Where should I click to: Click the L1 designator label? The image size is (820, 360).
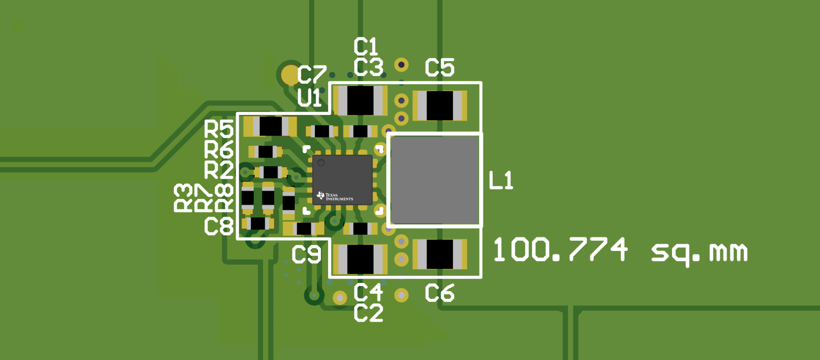pos(501,180)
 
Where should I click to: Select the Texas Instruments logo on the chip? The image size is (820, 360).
pos(335,196)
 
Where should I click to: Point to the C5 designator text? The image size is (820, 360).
pos(440,67)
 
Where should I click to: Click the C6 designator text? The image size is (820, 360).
pos(440,293)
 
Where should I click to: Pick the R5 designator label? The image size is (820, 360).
pos(219,129)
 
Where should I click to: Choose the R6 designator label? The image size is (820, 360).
pos(219,149)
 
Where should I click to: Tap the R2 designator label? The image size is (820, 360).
pos(219,170)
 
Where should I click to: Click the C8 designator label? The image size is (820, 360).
pos(219,226)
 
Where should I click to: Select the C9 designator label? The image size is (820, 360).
pos(306,255)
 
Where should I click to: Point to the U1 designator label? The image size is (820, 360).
pos(309,98)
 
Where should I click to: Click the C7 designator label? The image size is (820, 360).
pos(312,75)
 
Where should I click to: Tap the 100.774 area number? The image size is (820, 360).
pos(560,250)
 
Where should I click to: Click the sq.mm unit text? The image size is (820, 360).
pos(699,252)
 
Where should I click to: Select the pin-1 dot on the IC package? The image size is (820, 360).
pos(321,163)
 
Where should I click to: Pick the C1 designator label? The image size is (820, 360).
pos(366,46)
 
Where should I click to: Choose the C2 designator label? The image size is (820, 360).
pos(368,314)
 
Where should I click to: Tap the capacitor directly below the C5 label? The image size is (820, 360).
pos(440,106)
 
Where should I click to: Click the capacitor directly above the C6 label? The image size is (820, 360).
pos(440,254)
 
